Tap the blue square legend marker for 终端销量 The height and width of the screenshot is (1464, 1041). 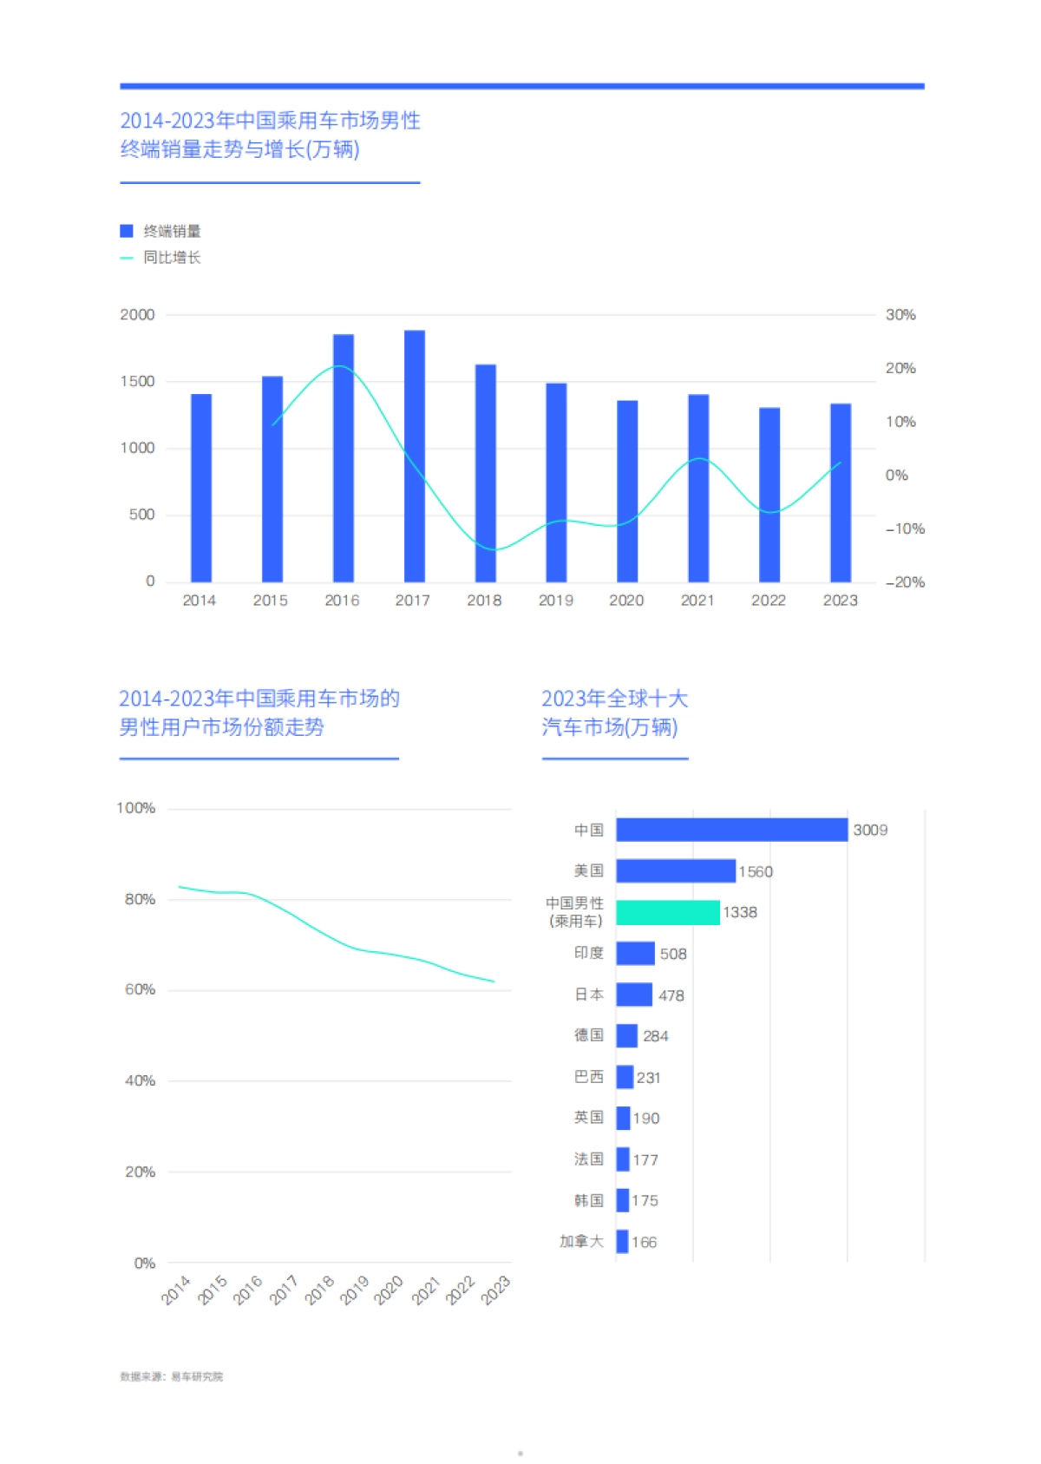(x=127, y=231)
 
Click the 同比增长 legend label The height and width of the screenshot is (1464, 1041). (x=172, y=258)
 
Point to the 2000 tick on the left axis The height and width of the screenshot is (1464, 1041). (x=137, y=315)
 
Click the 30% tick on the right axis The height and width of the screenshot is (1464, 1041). (x=900, y=315)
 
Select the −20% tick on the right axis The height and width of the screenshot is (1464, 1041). (x=904, y=582)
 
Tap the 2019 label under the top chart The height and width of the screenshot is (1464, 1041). (x=555, y=601)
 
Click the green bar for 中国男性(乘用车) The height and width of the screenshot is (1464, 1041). (x=667, y=912)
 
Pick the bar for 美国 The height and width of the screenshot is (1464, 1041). (x=675, y=870)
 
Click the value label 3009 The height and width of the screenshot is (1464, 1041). (x=870, y=830)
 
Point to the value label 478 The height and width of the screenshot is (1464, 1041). (x=671, y=995)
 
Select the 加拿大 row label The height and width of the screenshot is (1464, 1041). (x=581, y=1242)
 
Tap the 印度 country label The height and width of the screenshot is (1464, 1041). (x=588, y=953)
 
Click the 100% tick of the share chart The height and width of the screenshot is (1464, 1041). (x=136, y=809)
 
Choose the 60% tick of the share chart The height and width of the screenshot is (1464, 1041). (x=140, y=990)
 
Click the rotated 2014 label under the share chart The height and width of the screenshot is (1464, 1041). (x=176, y=1290)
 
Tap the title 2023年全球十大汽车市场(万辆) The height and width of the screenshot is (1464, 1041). (x=614, y=712)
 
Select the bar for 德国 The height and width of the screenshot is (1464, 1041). (x=626, y=1035)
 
